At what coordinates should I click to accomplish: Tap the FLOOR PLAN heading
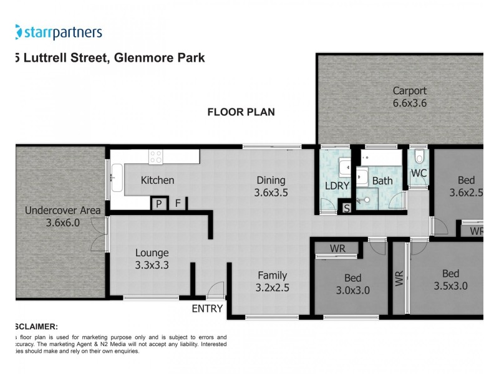pos(241,112)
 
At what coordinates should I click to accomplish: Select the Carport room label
pos(409,91)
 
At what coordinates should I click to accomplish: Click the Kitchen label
pos(157,180)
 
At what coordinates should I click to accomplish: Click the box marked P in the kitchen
pos(158,203)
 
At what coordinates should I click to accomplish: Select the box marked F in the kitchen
pos(177,203)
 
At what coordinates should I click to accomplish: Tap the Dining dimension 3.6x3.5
pos(271,193)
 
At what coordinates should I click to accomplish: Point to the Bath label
pos(382,181)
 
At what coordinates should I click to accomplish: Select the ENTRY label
pos(206,308)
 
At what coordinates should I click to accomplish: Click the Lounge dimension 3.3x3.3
pos(152,265)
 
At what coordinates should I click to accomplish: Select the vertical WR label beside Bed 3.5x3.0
pos(399,278)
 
